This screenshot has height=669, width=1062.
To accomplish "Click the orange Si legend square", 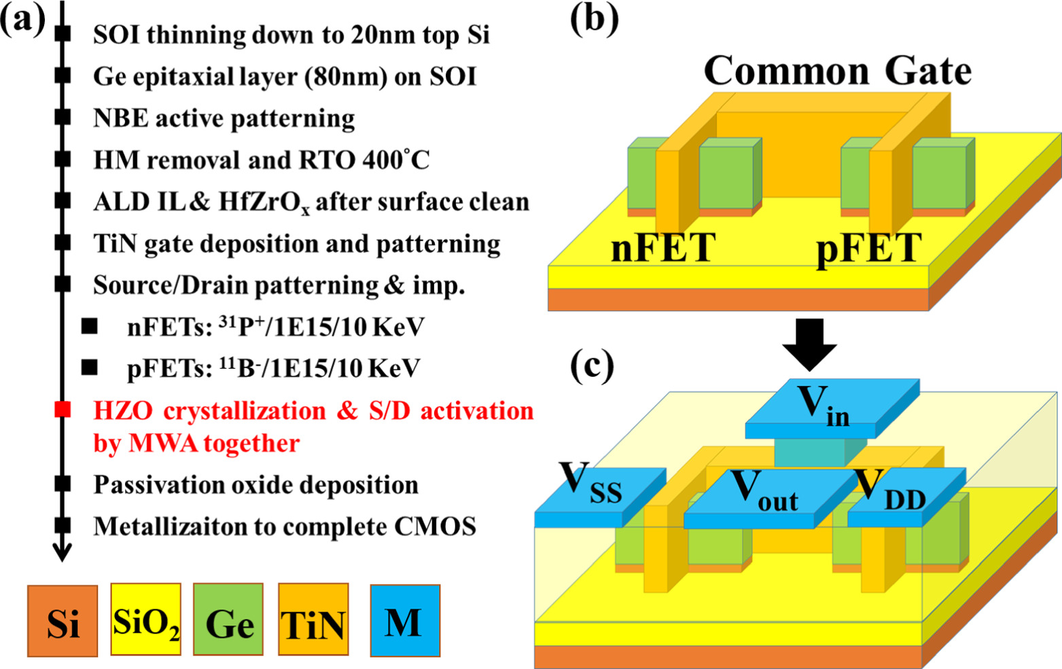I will coord(63,621).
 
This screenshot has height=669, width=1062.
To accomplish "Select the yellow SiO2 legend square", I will coord(146,619).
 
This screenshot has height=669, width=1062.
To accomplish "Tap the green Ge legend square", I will coord(228,619).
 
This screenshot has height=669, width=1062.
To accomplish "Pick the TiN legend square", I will coord(313,619).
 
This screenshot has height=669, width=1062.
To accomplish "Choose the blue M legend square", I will coord(405,620).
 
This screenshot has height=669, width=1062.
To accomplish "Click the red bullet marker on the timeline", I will coord(63,410).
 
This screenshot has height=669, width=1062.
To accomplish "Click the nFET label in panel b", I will coord(663,247).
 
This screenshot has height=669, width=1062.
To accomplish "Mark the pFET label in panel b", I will coord(868,247).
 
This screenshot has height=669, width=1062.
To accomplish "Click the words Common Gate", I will coord(837,71).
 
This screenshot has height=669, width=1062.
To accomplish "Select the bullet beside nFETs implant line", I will coord(89,327).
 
